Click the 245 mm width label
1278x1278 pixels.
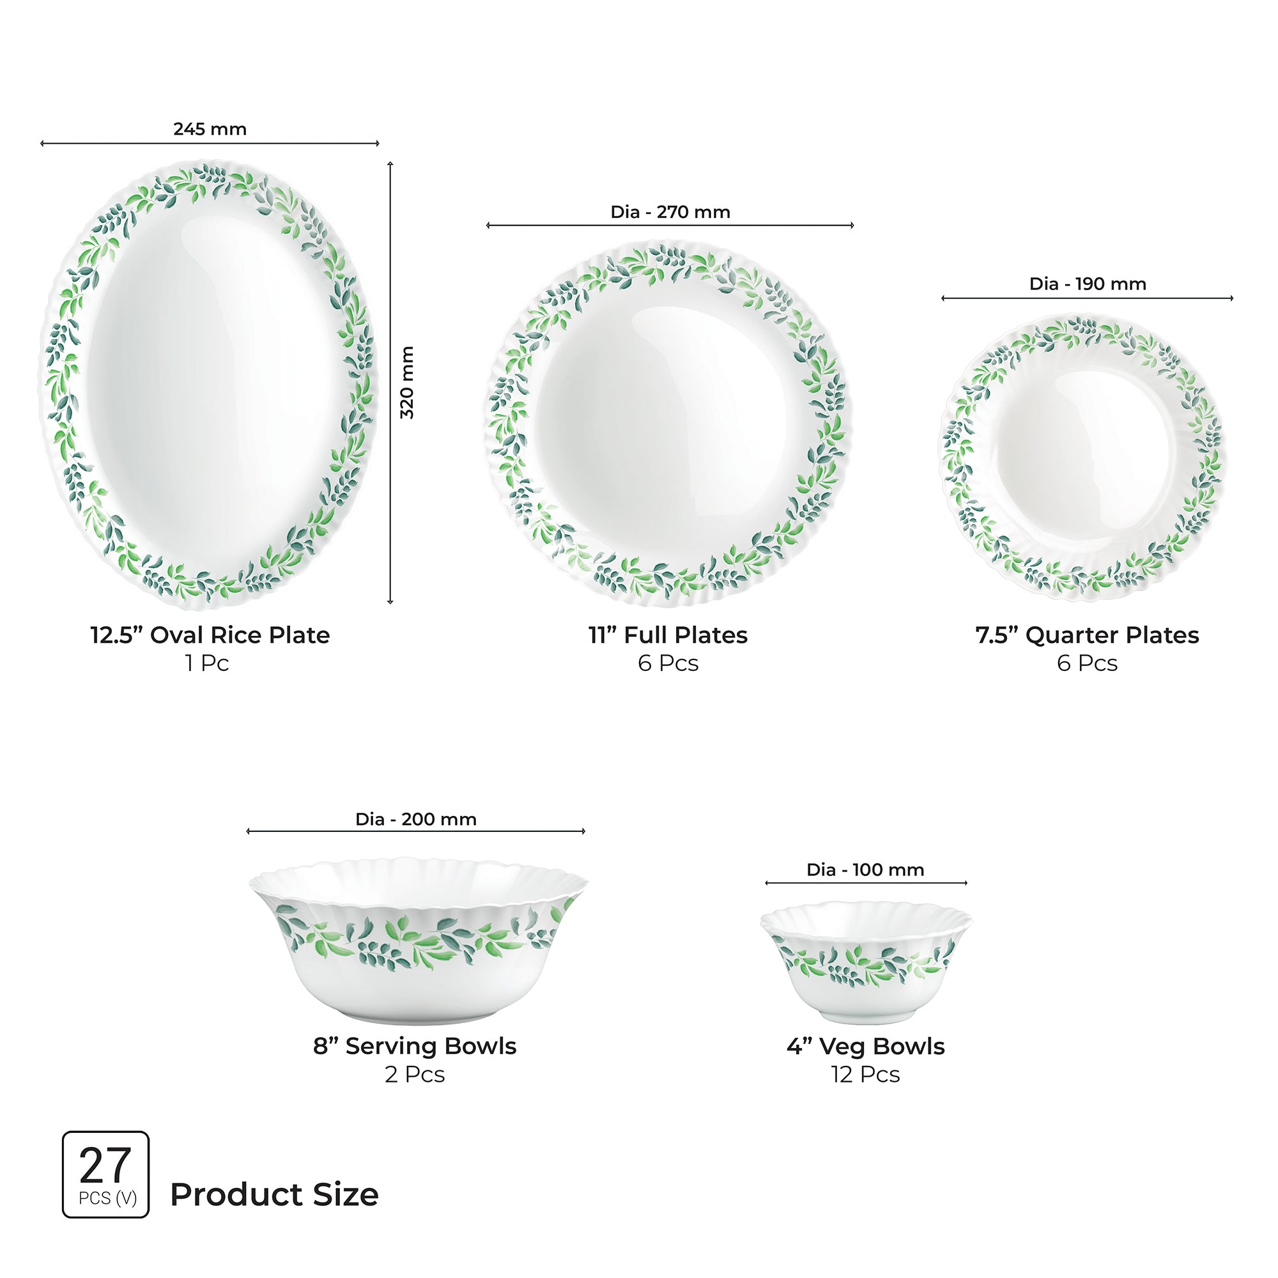pos(210,129)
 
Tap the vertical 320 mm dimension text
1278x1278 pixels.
pos(407,382)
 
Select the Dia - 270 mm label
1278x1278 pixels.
pos(670,212)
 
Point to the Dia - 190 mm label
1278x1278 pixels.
pos(1088,284)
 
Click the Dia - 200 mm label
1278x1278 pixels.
pos(415,820)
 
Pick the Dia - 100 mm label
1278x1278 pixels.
pos(865,870)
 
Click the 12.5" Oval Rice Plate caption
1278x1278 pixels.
pos(210,635)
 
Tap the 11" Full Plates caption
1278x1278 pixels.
pos(668,635)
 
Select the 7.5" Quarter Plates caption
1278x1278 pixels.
pos(1087,635)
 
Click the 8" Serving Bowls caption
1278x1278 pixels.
pos(415,1046)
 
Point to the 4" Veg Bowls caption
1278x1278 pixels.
pos(865,1047)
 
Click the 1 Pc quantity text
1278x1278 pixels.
pos(206,663)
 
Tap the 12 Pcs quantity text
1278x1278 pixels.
pos(865,1074)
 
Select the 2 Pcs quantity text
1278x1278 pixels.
pos(415,1074)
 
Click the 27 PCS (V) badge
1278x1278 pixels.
pos(106,1174)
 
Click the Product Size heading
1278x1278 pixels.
pos(274,1195)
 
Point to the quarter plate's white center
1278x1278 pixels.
pos(1084,456)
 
